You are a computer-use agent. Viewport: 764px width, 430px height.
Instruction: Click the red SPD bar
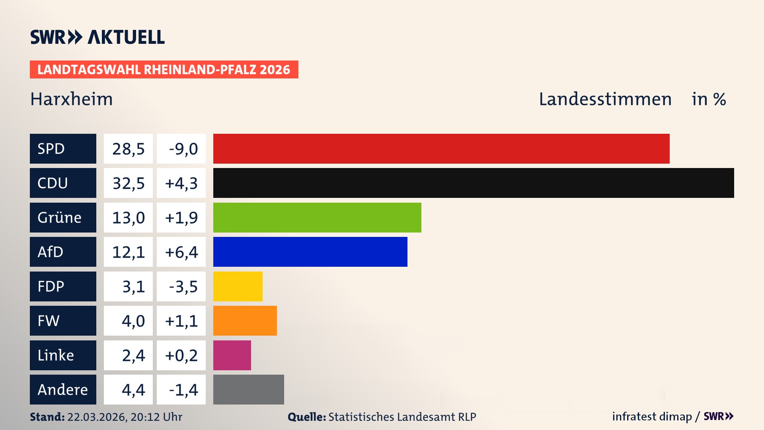pyautogui.click(x=441, y=149)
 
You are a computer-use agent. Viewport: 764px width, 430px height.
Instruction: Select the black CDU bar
pyautogui.click(x=474, y=183)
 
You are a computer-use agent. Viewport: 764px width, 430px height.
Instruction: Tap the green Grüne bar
pyautogui.click(x=317, y=217)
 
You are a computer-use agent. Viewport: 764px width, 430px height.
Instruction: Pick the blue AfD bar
pyautogui.click(x=310, y=252)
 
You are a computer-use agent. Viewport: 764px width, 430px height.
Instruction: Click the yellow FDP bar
pyautogui.click(x=238, y=286)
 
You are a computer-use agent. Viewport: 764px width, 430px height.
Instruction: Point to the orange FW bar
pyautogui.click(x=245, y=321)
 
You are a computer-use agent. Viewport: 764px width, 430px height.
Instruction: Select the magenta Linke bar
pyautogui.click(x=232, y=355)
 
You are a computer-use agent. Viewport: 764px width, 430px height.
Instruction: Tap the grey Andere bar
pyautogui.click(x=248, y=389)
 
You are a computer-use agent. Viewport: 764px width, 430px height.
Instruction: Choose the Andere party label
pyautogui.click(x=63, y=389)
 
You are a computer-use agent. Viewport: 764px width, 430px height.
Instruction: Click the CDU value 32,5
pyautogui.click(x=128, y=183)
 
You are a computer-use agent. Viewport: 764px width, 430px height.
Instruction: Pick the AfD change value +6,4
pyautogui.click(x=181, y=252)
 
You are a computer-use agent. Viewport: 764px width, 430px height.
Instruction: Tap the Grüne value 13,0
pyautogui.click(x=128, y=218)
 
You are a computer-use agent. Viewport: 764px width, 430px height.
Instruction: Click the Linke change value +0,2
pyautogui.click(x=181, y=355)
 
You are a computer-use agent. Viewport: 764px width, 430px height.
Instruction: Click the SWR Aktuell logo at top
pyautogui.click(x=97, y=37)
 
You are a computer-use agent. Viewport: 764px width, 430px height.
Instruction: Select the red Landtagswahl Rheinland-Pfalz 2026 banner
pyautogui.click(x=164, y=69)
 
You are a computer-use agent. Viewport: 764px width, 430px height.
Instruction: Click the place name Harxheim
pyautogui.click(x=72, y=99)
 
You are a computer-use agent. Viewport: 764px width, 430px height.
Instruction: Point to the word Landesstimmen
pyautogui.click(x=605, y=99)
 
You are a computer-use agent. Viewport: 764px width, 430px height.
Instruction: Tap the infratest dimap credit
pyautogui.click(x=651, y=416)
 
